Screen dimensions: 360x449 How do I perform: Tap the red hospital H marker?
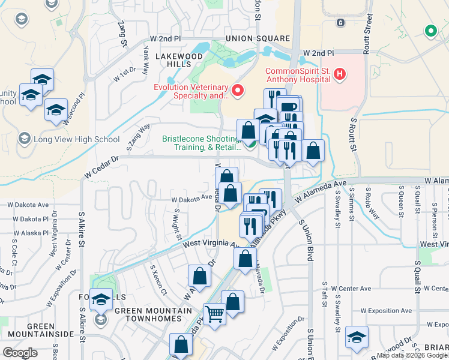[340, 74]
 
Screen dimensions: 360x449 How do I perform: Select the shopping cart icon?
[214, 313]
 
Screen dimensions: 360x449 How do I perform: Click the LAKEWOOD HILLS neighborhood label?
[178, 60]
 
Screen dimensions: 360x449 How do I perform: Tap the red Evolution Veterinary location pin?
[238, 91]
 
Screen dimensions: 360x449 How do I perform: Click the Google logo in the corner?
[20, 352]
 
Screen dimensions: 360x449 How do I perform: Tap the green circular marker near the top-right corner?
[430, 31]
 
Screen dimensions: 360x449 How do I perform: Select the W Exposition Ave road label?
[387, 311]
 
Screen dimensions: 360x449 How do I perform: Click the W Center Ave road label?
[351, 289]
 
